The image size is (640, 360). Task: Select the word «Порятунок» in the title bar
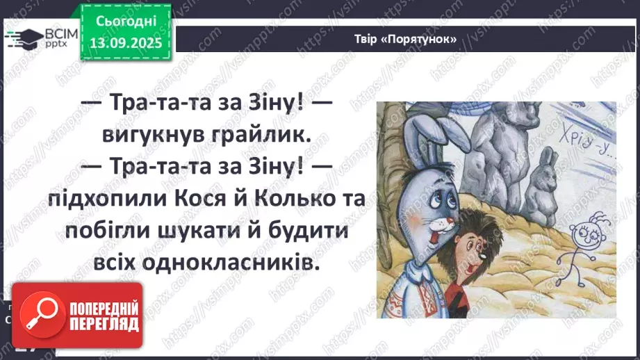(425, 39)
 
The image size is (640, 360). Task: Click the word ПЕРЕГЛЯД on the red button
(107, 323)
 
